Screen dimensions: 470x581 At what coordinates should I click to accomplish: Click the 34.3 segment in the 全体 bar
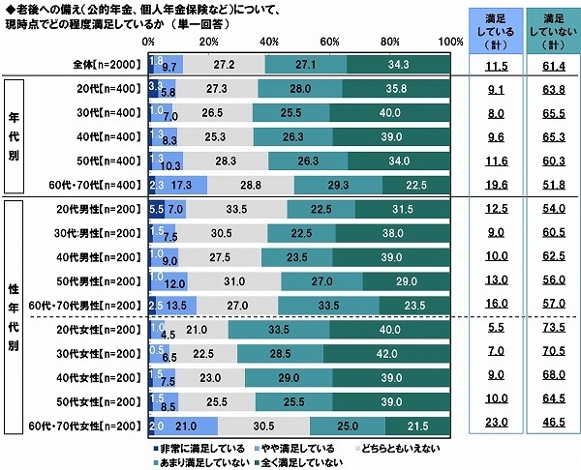(x=398, y=64)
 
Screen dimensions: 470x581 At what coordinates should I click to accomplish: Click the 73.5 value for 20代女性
(x=549, y=330)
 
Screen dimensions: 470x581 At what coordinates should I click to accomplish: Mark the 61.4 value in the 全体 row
(x=549, y=64)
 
